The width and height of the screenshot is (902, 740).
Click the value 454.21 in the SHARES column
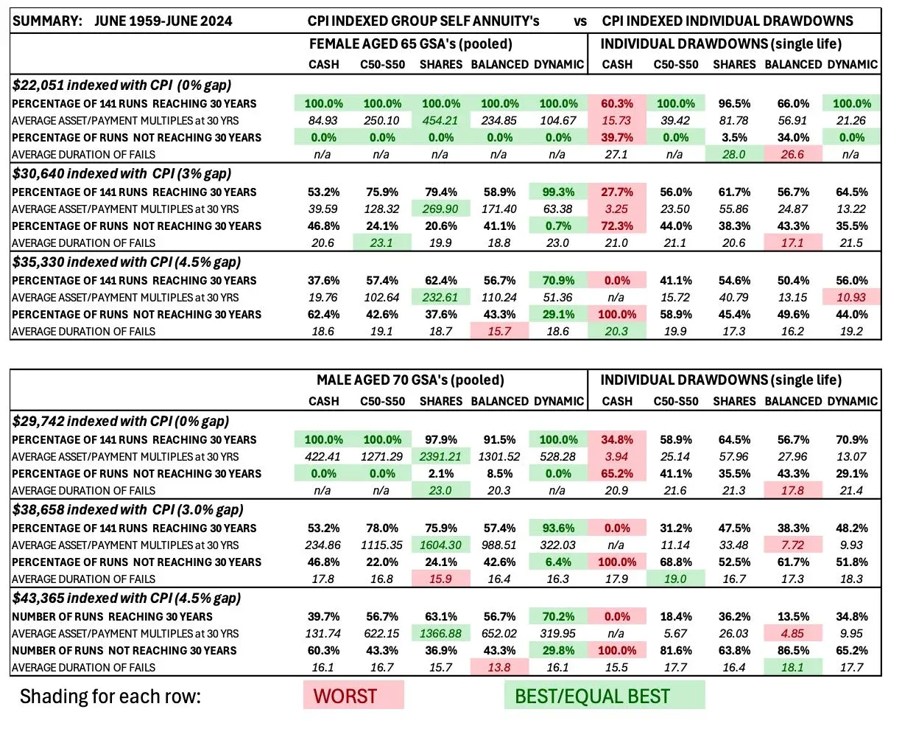pos(440,120)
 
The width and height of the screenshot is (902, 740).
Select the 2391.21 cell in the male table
pos(440,456)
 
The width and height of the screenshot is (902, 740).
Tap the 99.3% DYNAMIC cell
pos(558,192)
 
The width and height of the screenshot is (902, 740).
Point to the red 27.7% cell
pos(617,192)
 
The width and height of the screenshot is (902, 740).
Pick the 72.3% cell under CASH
pos(617,226)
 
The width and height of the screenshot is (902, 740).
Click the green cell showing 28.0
pos(734,154)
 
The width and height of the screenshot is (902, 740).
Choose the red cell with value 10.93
pos(851,297)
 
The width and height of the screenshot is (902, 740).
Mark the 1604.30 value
pos(440,545)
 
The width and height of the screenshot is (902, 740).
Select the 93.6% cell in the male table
pos(558,528)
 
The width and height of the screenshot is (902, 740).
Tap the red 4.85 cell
pos(792,633)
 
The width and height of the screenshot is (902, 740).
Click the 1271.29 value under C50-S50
pos(382,456)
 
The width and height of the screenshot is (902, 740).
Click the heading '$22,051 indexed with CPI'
pos(121,85)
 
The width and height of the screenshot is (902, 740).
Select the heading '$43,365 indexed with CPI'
pos(126,598)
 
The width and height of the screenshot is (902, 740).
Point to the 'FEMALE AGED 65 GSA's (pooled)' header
pos(410,44)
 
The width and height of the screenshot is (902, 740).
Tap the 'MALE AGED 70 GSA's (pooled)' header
pos(410,380)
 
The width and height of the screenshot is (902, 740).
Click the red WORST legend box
pos(353,696)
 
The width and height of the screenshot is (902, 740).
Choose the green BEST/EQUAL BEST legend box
pos(604,696)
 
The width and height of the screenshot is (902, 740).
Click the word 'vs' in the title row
pos(580,21)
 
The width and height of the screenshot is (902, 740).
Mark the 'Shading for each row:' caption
pos(110,697)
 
